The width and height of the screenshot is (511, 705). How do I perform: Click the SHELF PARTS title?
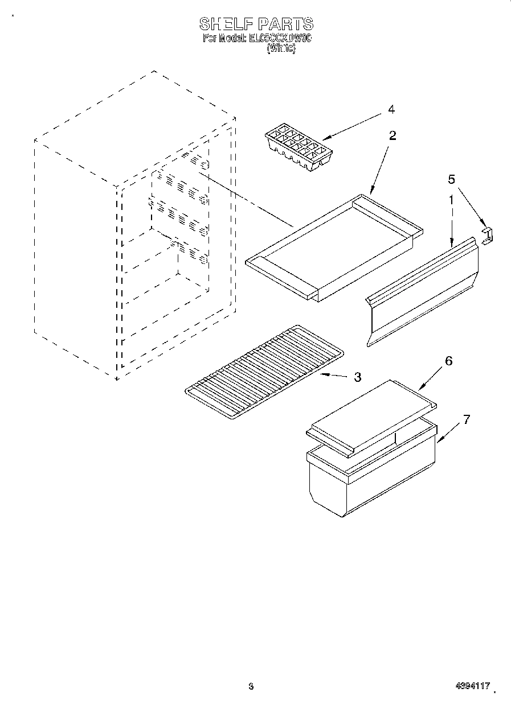pyautogui.click(x=256, y=24)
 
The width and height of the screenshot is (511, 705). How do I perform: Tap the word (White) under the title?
pyautogui.click(x=281, y=49)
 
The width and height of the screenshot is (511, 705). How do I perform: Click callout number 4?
pyautogui.click(x=391, y=109)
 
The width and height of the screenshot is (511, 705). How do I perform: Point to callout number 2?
pyautogui.click(x=393, y=135)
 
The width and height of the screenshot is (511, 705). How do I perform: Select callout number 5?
pyautogui.click(x=451, y=180)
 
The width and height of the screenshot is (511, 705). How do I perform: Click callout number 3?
pyautogui.click(x=357, y=377)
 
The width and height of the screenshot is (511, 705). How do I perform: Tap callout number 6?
pyautogui.click(x=449, y=361)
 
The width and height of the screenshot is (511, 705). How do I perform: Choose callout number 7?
pyautogui.click(x=467, y=420)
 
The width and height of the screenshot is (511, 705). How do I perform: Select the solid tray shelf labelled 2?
pyautogui.click(x=333, y=245)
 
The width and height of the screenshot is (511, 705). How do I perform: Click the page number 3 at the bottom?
pyautogui.click(x=250, y=687)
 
